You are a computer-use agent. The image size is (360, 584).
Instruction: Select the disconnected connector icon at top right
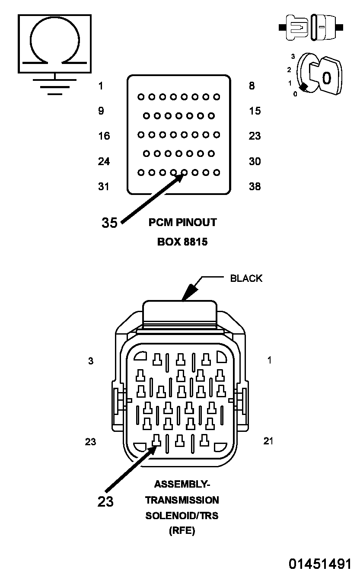(311, 27)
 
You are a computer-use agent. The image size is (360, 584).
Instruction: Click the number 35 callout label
(109, 223)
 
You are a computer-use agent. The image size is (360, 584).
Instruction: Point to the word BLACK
(246, 278)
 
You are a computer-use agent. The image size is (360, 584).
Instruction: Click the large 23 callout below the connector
(105, 501)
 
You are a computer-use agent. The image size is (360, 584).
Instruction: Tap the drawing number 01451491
(320, 563)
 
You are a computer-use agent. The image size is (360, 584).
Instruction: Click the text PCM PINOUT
(182, 222)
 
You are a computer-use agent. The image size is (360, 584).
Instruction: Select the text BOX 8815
(182, 242)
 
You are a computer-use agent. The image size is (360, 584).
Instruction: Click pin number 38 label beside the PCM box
(255, 186)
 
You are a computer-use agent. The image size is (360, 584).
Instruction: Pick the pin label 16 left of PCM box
(104, 136)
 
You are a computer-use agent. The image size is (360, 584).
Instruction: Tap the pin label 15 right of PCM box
(255, 111)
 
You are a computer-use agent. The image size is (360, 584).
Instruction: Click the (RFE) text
(182, 530)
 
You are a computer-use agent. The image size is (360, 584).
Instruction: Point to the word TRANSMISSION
(182, 500)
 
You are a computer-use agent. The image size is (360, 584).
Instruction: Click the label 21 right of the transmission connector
(268, 441)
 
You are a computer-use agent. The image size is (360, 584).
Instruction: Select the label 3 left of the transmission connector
(90, 361)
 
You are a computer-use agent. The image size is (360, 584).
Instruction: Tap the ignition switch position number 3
(293, 56)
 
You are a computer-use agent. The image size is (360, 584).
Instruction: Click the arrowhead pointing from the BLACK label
(189, 292)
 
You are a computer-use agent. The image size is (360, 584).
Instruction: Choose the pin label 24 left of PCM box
(104, 161)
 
